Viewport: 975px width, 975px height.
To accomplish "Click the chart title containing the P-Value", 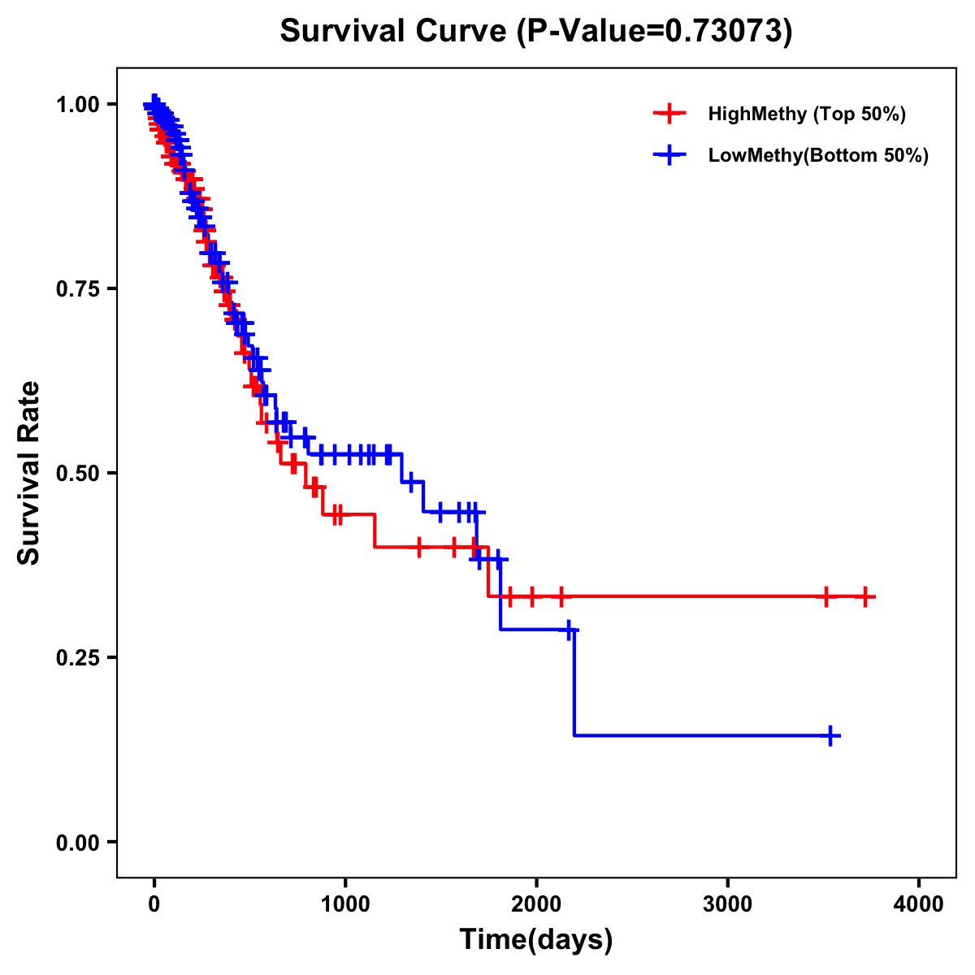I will (x=535, y=31).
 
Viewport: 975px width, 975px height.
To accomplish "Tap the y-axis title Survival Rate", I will (x=29, y=473).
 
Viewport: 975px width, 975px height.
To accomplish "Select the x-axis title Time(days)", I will (x=536, y=939).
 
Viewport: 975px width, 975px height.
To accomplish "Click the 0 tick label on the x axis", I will (x=154, y=904).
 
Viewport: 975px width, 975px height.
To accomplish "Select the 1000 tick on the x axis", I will (x=345, y=904).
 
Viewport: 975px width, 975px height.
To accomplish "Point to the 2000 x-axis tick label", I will (x=536, y=904).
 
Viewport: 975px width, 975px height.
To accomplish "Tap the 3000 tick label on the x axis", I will (x=727, y=904).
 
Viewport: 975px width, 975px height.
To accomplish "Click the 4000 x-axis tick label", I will (x=919, y=904).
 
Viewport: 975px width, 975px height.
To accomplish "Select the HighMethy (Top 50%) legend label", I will (x=807, y=114).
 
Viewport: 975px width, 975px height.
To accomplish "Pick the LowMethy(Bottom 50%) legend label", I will (x=818, y=155).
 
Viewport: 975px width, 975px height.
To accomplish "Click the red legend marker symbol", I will (x=669, y=114).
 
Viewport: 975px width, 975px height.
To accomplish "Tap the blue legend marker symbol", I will (x=669, y=155).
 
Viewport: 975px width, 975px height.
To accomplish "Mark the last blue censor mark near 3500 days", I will (x=830, y=736).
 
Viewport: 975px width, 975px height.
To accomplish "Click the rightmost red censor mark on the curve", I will (x=865, y=597).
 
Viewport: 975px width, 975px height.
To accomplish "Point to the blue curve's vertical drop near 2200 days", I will (x=574, y=682).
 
